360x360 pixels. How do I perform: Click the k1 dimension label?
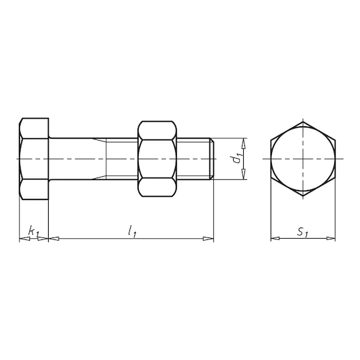pyautogui.click(x=34, y=232)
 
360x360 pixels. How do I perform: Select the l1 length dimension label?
pyautogui.click(x=132, y=231)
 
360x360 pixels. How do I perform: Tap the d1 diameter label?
pyautogui.click(x=236, y=159)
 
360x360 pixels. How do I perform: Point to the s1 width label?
pyautogui.click(x=302, y=232)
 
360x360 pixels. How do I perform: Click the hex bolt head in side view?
pyautogui.click(x=34, y=159)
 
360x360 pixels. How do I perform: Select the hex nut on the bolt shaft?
pyautogui.click(x=157, y=159)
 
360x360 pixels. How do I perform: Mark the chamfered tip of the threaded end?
pyautogui.click(x=213, y=159)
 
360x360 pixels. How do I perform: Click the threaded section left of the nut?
pyautogui.click(x=120, y=159)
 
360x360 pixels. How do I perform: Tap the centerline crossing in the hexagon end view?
pyautogui.click(x=302, y=159)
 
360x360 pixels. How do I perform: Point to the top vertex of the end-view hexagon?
pyautogui.click(x=302, y=122)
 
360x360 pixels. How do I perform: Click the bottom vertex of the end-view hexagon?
pyautogui.click(x=302, y=196)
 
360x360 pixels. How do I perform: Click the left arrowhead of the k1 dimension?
pyautogui.click(x=23, y=238)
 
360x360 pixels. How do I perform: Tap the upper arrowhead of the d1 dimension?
pyautogui.click(x=244, y=142)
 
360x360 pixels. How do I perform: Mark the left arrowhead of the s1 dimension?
pyautogui.click(x=274, y=238)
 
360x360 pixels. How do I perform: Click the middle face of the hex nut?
pyautogui.click(x=157, y=159)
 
